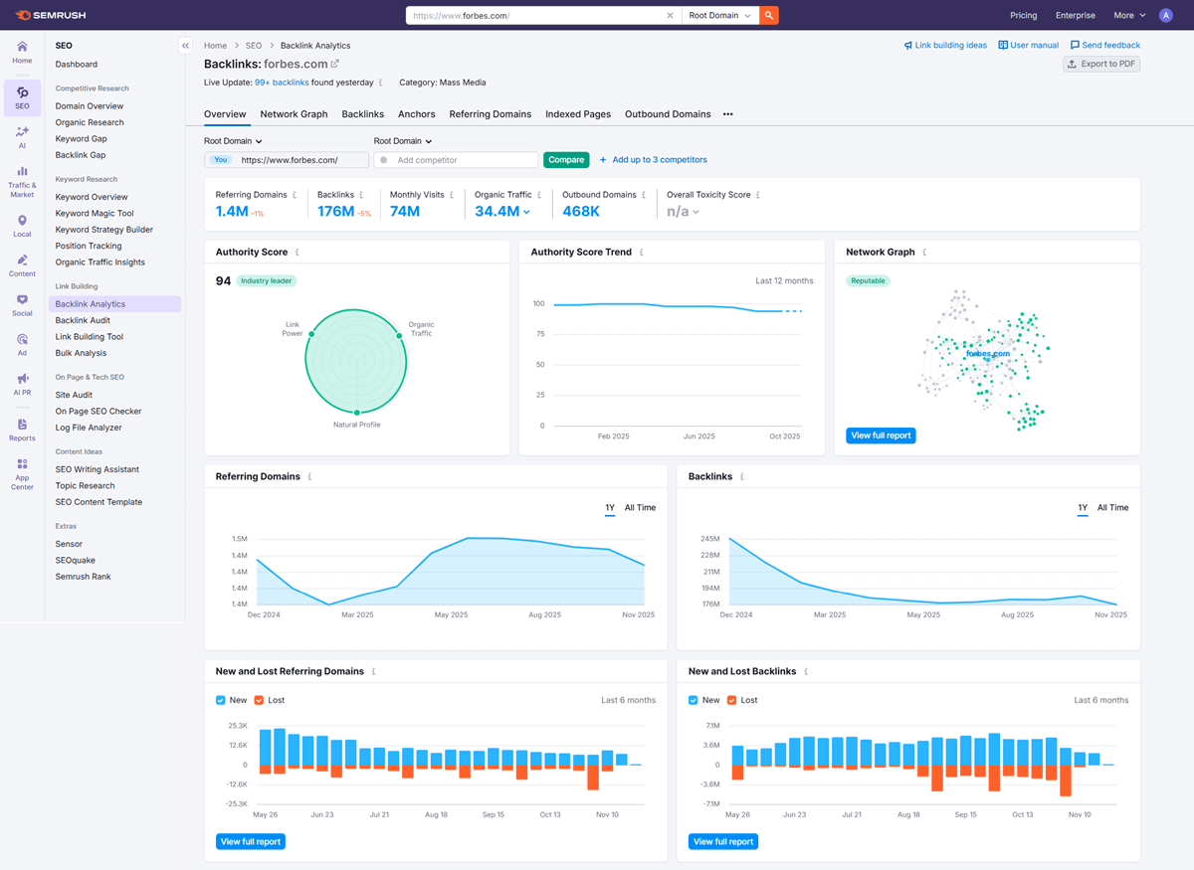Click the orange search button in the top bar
[768, 15]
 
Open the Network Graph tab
[294, 114]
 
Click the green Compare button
[566, 160]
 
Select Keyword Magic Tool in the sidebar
[95, 214]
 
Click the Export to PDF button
[1101, 64]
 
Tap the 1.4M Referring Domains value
[232, 212]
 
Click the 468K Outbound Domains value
[581, 212]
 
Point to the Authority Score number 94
[223, 281]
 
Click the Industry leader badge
[266, 281]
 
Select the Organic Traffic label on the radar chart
[421, 329]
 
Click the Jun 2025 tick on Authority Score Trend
[699, 436]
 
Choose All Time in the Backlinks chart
[1112, 508]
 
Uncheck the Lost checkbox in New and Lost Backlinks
[732, 700]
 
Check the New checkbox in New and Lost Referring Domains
[221, 700]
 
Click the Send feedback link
[1104, 45]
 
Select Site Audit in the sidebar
[74, 395]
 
